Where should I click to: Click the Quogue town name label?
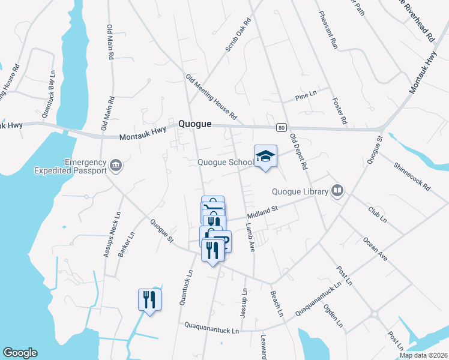[195, 124]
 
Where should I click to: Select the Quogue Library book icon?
[337, 191]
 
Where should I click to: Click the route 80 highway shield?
[280, 127]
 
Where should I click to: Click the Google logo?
[20, 353]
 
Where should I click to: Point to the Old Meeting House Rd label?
[211, 96]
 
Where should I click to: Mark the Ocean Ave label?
[375, 248]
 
